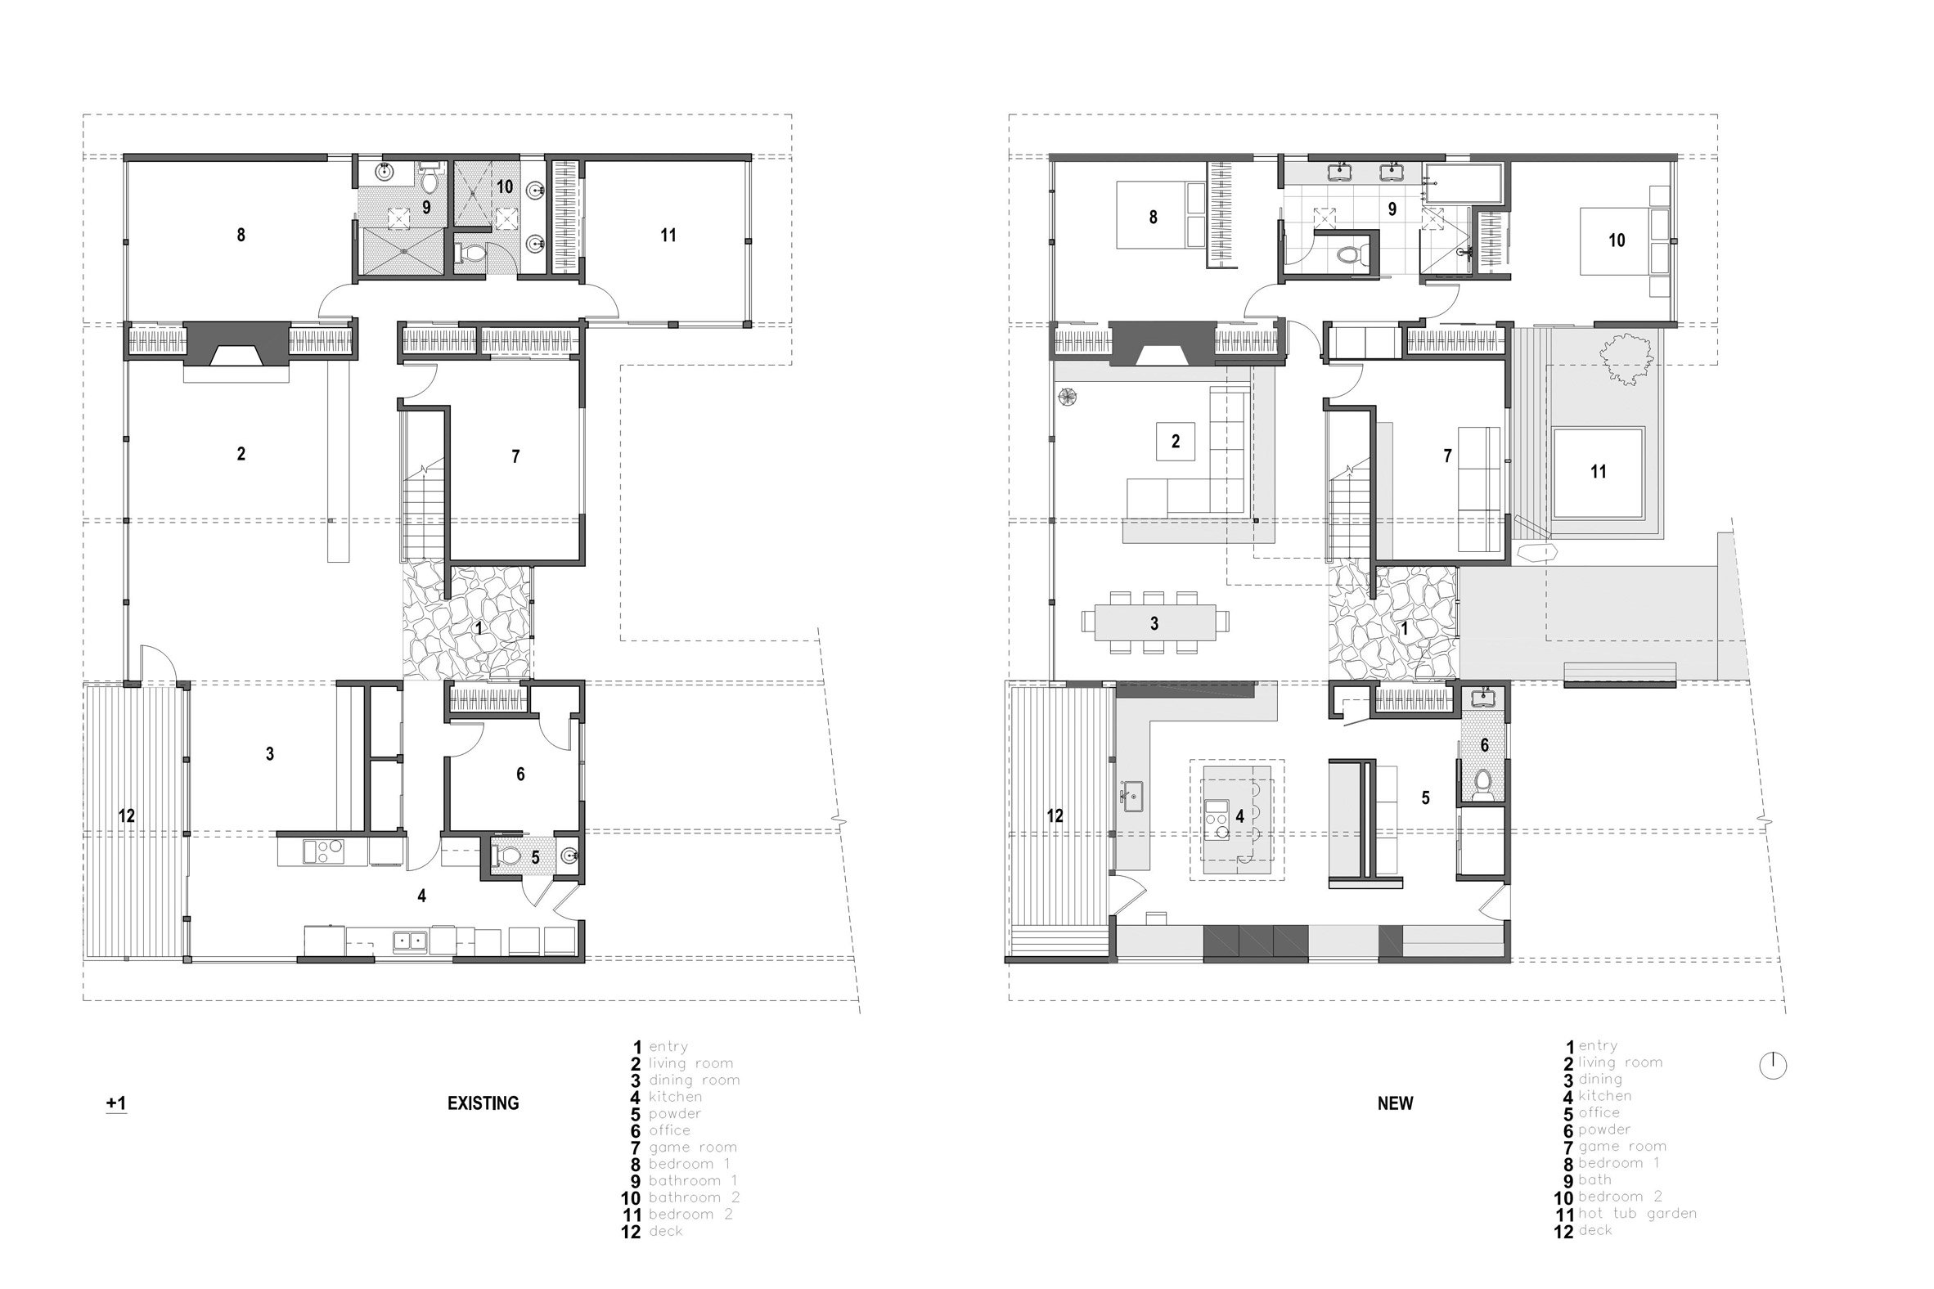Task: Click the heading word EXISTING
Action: click(483, 1103)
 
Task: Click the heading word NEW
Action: click(1395, 1103)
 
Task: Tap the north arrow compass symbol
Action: click(1773, 1067)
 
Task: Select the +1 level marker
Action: click(116, 1103)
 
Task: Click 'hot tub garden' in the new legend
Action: click(1637, 1214)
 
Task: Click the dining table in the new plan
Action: click(1154, 622)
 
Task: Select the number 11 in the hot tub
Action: click(1598, 472)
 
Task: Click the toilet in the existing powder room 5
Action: click(510, 856)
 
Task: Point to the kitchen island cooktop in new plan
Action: click(1217, 819)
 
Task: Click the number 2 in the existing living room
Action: click(241, 454)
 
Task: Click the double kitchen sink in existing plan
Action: click(410, 940)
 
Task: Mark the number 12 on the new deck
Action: click(1055, 815)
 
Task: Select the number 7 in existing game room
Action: click(515, 456)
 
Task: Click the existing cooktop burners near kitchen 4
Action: click(324, 851)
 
